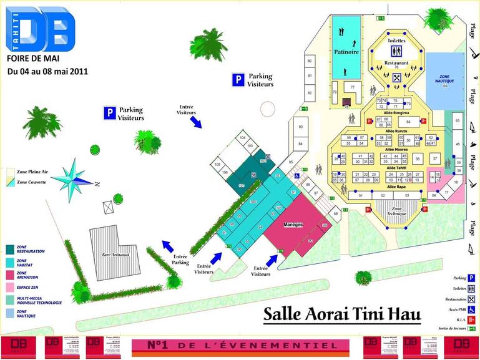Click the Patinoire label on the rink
click(x=345, y=52)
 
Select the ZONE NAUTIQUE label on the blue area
click(x=446, y=79)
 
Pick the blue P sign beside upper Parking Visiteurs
click(x=238, y=79)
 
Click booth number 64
click(x=408, y=121)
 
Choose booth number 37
click(x=434, y=158)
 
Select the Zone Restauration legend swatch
click(x=10, y=249)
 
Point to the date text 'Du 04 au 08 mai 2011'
click(x=47, y=71)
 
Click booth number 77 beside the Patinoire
click(x=353, y=87)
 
